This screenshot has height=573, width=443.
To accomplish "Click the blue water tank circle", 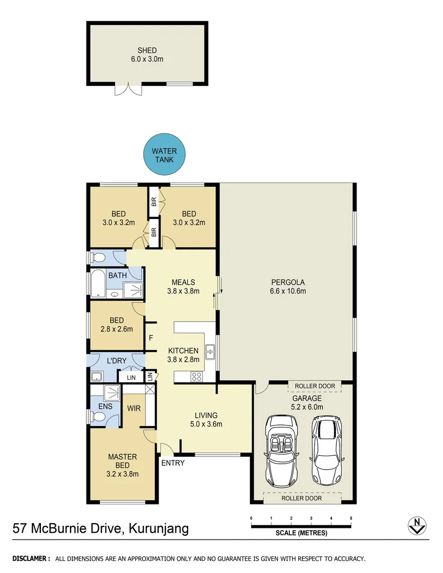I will pos(164,155).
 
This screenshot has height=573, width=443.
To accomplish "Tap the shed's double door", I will pos(128,90).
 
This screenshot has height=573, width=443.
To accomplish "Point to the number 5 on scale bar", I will pos(351,518).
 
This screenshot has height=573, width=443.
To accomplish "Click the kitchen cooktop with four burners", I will pos(196,377).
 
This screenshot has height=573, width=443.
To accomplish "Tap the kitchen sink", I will pos(210,350).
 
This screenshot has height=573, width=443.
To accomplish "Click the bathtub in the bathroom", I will pos(98,284).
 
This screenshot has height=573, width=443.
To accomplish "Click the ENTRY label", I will pos(173,463).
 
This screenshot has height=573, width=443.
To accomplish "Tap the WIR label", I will pos(133,409).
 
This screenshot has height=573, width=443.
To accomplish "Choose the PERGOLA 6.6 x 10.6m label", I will pos(288,286).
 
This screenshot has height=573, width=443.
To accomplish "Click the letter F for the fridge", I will pos(151,337).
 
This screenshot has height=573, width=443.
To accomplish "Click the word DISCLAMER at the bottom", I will pos(31,559).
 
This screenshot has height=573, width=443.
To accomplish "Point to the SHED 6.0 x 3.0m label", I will pos(147,55).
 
